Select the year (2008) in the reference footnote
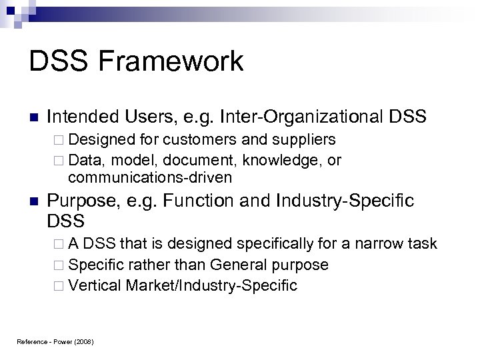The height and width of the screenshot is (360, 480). click(x=84, y=342)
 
